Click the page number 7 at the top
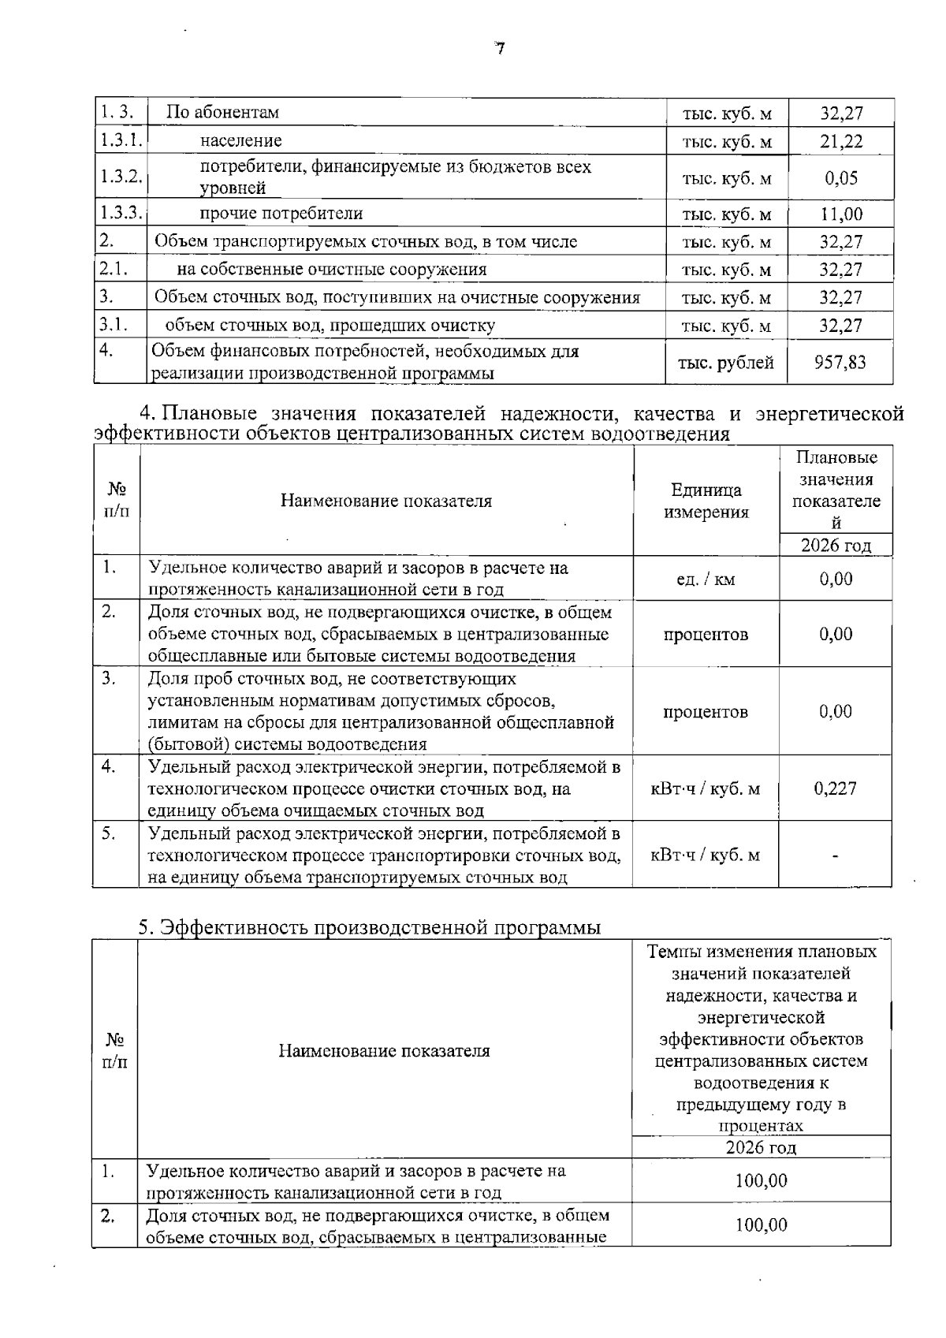click(x=499, y=49)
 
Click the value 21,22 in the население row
click(x=841, y=141)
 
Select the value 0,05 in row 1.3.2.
click(x=841, y=177)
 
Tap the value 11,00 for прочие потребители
click(x=841, y=214)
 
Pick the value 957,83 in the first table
click(x=840, y=362)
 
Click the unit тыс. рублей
click(x=725, y=363)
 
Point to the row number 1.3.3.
click(x=121, y=213)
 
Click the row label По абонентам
click(x=222, y=113)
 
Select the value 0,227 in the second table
click(x=835, y=788)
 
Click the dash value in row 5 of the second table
click(x=835, y=855)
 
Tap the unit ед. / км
click(x=706, y=580)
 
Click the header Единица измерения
click(x=706, y=501)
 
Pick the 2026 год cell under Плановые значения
click(x=836, y=546)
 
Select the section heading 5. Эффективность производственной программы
click(x=370, y=927)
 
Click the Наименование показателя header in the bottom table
click(x=384, y=1051)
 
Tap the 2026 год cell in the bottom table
click(x=761, y=1147)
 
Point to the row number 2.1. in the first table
click(x=114, y=269)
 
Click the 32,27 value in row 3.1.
click(x=841, y=326)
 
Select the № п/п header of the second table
click(x=117, y=501)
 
